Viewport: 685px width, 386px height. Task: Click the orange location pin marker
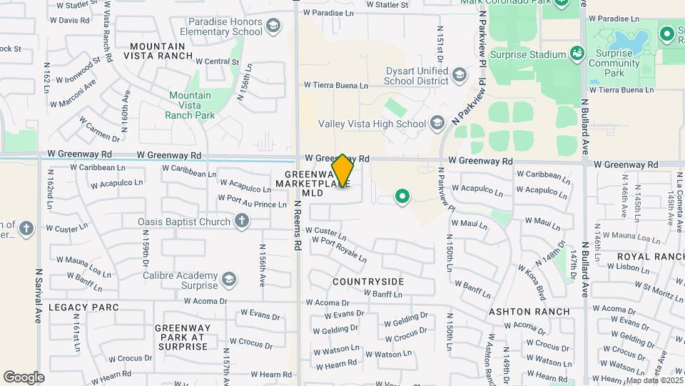point(342,171)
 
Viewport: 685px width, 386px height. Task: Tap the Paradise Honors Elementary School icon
point(272,27)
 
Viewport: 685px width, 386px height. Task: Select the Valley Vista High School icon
point(437,124)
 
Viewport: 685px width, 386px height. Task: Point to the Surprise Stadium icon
point(577,53)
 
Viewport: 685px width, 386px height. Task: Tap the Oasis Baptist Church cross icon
point(242,222)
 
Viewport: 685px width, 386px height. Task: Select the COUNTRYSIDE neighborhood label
point(368,282)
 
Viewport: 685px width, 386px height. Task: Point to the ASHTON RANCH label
point(529,312)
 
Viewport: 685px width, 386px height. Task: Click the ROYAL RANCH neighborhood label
point(651,257)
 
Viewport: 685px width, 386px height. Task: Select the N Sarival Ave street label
point(38,296)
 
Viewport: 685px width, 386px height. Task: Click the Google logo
point(24,377)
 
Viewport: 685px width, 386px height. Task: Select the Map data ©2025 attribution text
point(652,380)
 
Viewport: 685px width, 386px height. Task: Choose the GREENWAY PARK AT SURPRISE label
point(181,337)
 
